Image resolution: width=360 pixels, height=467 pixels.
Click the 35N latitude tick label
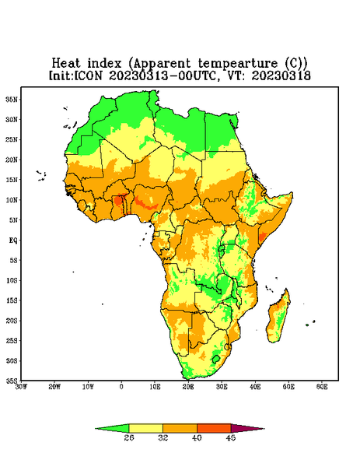point(12,99)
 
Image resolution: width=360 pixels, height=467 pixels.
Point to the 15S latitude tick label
point(12,300)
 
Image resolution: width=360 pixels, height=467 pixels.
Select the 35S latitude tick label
point(12,381)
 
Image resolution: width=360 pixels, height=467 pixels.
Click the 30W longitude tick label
point(21,387)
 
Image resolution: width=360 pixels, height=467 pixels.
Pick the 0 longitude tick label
point(121,387)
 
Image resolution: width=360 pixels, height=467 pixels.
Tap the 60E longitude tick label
point(322,387)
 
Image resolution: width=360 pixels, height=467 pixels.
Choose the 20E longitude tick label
point(188,387)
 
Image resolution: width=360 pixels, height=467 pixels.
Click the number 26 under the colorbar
point(129,437)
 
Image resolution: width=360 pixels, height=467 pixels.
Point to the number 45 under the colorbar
point(231,437)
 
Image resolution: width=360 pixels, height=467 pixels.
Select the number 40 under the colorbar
point(197,437)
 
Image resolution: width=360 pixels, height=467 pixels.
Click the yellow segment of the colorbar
point(145,428)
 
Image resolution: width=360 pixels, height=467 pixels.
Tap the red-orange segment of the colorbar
point(214,428)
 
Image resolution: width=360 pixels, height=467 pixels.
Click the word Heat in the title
point(66,64)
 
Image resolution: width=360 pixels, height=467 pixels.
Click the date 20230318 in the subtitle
point(281,75)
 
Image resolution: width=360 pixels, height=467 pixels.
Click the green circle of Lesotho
point(216,359)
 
